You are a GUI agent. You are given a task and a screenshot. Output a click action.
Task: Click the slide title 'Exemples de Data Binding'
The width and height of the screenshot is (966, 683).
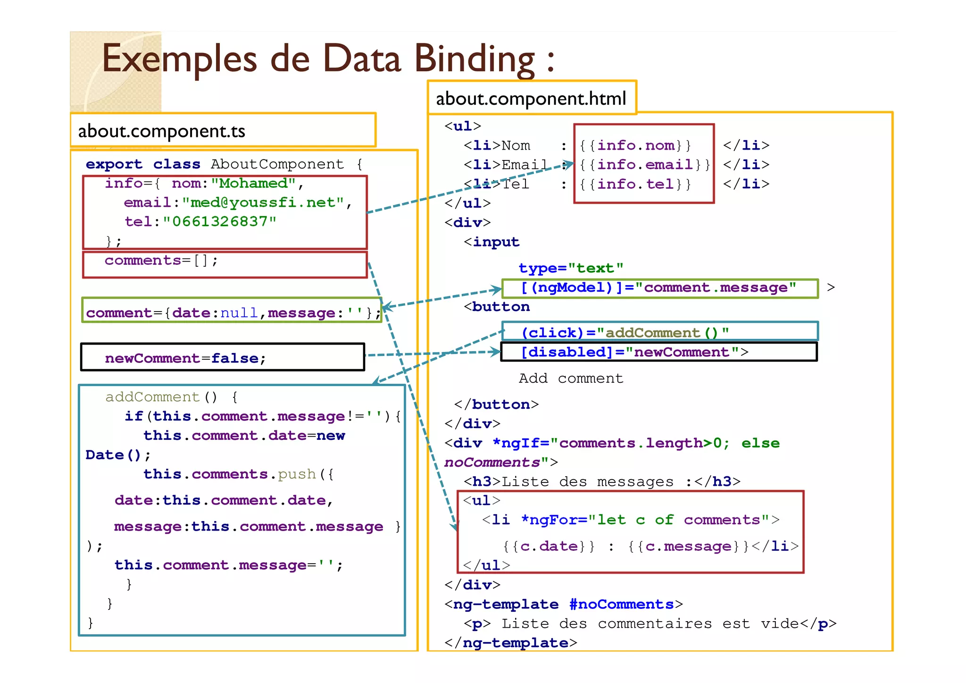point(327,59)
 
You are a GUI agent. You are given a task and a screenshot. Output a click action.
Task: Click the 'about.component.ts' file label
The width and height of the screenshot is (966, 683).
point(161,131)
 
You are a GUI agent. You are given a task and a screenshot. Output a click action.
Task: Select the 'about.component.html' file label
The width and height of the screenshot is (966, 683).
point(531,99)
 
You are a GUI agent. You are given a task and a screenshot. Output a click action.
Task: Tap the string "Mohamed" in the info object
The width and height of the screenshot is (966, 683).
point(253,183)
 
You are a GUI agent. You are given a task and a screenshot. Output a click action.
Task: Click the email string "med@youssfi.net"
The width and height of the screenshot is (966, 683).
point(263,202)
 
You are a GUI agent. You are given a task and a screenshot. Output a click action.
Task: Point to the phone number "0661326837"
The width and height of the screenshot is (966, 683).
point(219,221)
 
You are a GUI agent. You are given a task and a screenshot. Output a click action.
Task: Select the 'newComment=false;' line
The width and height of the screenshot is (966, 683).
point(185,358)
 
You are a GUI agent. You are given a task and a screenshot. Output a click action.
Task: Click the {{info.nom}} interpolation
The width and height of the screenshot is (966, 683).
point(635,145)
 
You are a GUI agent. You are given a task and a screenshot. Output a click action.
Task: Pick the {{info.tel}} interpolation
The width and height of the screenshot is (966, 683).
point(635,184)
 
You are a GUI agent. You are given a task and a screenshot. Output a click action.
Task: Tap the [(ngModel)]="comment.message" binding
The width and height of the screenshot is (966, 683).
point(658,287)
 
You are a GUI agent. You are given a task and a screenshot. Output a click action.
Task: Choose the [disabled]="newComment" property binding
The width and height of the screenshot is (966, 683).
point(634,352)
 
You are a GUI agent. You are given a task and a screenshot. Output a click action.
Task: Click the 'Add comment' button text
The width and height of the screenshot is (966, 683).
point(571,379)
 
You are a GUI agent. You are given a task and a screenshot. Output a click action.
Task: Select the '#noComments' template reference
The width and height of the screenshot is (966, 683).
point(621,605)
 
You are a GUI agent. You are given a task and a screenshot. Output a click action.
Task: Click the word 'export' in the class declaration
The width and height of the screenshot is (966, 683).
point(114,164)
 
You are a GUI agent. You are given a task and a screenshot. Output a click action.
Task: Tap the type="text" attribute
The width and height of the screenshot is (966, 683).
point(571,268)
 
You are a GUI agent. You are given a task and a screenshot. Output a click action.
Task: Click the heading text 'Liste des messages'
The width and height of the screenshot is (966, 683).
point(587,482)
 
